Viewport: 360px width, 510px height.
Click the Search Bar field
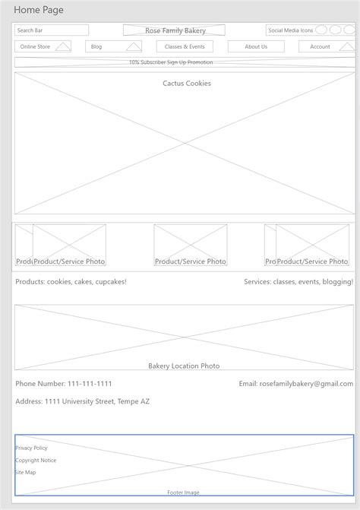[x=51, y=30]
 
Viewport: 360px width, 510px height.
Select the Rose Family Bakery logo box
[x=174, y=30]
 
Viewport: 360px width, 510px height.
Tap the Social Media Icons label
[x=290, y=30]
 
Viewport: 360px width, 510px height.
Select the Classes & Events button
[x=185, y=46]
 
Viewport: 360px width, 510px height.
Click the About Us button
[x=256, y=46]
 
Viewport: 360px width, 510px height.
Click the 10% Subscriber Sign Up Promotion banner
[x=171, y=62]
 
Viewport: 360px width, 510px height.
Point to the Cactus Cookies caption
[x=187, y=84]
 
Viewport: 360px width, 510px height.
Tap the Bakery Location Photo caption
[x=184, y=366]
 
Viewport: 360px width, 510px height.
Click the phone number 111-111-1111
[x=64, y=384]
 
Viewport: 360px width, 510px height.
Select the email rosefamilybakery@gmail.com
[x=295, y=384]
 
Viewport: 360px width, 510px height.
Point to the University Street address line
[x=82, y=401]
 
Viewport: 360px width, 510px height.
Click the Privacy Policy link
[x=31, y=448]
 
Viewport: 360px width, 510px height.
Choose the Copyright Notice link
[x=36, y=460]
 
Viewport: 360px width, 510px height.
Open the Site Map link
[x=26, y=472]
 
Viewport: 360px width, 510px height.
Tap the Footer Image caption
[x=183, y=493]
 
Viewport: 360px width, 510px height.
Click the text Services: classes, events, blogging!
[x=298, y=282]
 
